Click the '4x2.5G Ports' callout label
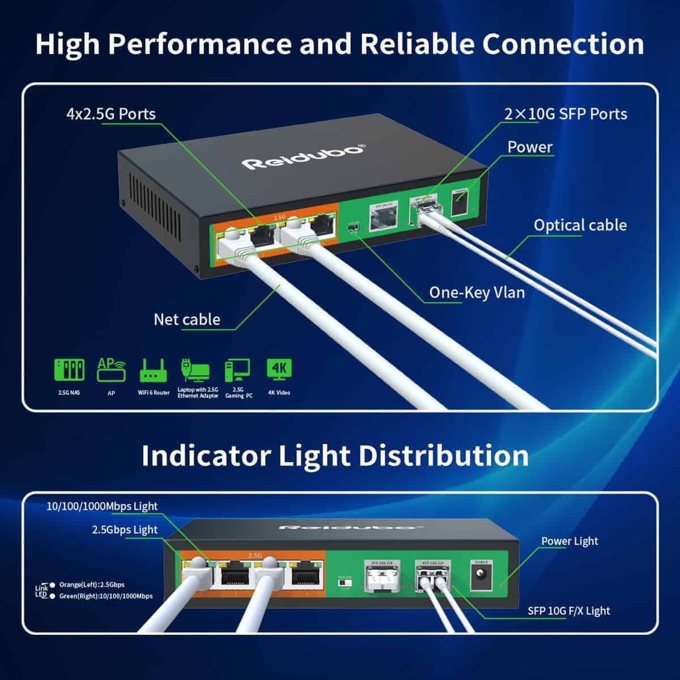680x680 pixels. [x=111, y=114]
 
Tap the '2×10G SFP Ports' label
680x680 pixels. [x=566, y=114]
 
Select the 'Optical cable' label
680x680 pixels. [x=580, y=225]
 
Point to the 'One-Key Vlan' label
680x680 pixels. [x=477, y=292]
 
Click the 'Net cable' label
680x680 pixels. [x=187, y=320]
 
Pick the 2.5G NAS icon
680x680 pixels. [x=69, y=369]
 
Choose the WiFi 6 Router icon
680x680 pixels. [x=153, y=369]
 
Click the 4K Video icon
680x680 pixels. [x=279, y=368]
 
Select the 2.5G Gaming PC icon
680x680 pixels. [x=237, y=370]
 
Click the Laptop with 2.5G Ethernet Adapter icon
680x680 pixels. [x=195, y=370]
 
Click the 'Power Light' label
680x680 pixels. [x=569, y=541]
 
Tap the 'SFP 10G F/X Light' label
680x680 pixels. [x=569, y=611]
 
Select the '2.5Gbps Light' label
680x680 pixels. [x=125, y=530]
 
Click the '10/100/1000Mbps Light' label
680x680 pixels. [x=102, y=507]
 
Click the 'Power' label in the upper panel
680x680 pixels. [x=529, y=147]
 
